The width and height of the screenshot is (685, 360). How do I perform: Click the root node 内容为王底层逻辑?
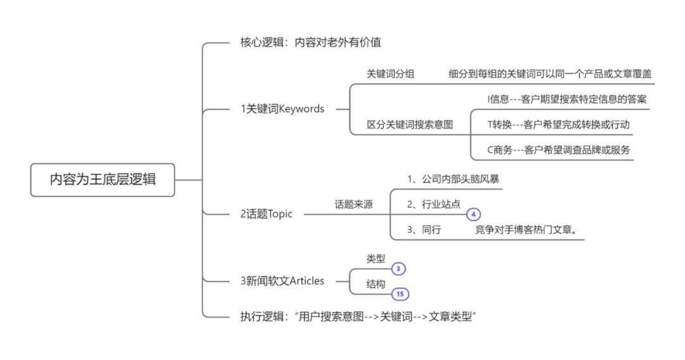[103, 179]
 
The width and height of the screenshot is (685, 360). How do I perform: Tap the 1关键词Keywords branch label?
[282, 108]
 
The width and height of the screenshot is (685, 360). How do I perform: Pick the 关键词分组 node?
[390, 74]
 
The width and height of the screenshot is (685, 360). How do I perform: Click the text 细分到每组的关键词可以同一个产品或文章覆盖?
[550, 74]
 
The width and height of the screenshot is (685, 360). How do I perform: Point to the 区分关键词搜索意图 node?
[410, 124]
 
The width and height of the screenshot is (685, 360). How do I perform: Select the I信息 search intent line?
[566, 99]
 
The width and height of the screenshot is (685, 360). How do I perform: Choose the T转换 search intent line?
[558, 124]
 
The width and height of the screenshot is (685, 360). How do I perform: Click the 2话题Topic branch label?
[266, 214]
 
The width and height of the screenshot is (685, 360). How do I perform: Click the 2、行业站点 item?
[434, 204]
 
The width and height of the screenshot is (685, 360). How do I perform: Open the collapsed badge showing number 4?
[473, 214]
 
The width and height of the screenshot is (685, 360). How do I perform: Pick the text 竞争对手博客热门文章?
[526, 229]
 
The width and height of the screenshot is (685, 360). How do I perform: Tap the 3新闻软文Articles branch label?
[282, 281]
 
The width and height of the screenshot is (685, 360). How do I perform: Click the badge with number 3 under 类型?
[398, 269]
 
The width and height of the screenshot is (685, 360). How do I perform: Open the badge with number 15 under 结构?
[399, 294]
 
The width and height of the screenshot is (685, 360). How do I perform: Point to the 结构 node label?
[375, 285]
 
